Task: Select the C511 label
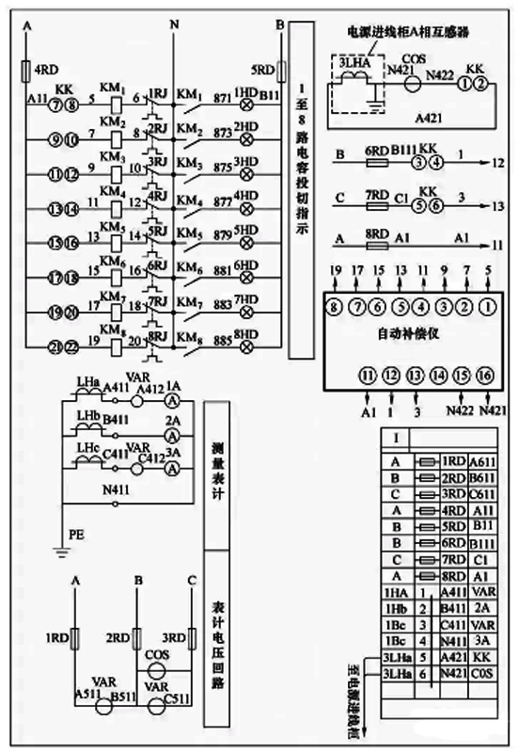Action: click(x=174, y=694)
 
